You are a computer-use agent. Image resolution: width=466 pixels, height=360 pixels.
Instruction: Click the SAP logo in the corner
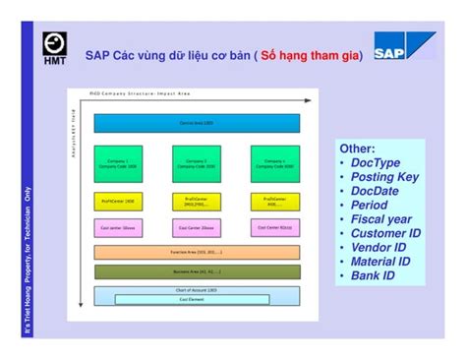coord(403,47)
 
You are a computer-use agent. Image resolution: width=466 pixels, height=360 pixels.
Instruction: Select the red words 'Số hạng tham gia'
coord(310,56)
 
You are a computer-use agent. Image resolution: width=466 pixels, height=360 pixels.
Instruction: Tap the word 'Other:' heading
coord(357,149)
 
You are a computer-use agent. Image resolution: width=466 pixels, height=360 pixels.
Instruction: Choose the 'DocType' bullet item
coord(375,163)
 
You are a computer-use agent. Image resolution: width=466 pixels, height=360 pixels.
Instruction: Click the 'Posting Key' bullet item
coord(384,177)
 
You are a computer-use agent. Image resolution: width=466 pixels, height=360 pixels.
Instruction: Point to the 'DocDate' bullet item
coord(378,191)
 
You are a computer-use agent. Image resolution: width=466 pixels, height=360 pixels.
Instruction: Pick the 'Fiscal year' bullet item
coord(381,219)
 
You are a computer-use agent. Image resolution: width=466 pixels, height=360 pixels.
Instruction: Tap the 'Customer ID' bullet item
coord(385,234)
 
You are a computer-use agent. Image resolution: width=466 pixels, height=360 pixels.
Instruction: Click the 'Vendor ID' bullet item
coord(379,248)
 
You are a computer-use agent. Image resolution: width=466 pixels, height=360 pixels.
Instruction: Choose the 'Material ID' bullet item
coord(382,262)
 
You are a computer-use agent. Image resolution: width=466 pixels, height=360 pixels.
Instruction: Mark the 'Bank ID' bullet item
coord(373,276)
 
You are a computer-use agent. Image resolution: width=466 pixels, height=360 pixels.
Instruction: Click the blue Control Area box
coord(197,123)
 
